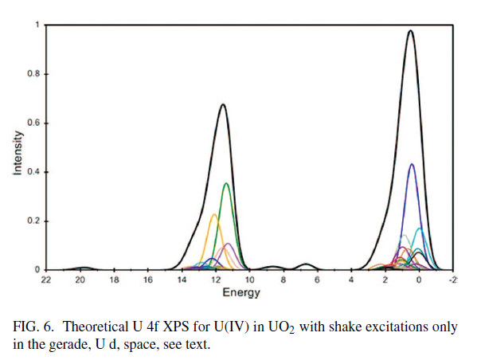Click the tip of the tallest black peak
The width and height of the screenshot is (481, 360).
410,31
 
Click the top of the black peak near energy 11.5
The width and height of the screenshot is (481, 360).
223,104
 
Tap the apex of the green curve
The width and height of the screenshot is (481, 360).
227,184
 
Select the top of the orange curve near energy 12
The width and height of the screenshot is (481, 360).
214,214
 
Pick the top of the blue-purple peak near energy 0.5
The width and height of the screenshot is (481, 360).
412,164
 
